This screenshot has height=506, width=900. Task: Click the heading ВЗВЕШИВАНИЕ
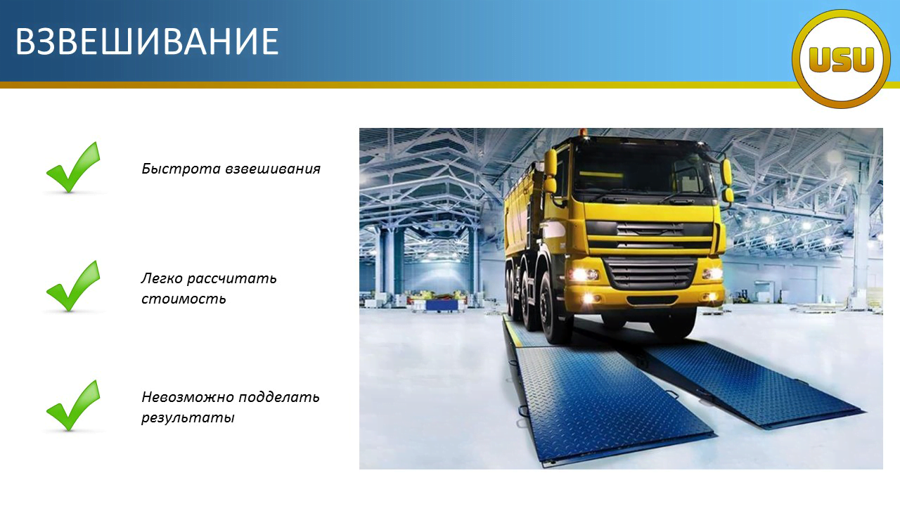[147, 41]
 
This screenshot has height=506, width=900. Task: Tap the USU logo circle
[842, 59]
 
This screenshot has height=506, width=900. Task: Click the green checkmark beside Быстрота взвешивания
[73, 167]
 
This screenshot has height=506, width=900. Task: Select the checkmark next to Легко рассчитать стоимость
[73, 286]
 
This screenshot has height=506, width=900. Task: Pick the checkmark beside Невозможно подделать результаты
[73, 406]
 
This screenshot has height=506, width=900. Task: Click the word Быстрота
[181, 169]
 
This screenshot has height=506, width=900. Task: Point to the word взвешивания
[273, 169]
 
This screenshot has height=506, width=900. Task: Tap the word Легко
[162, 278]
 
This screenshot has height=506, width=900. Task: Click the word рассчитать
[232, 279]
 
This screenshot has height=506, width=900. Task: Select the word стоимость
[184, 299]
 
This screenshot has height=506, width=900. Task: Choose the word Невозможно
[188, 397]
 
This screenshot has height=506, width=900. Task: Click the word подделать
[279, 398]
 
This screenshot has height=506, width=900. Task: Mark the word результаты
[188, 417]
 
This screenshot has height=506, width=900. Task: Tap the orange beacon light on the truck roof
[584, 133]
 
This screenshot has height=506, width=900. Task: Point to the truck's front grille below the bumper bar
[652, 273]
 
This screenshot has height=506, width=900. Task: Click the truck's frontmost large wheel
[555, 309]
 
